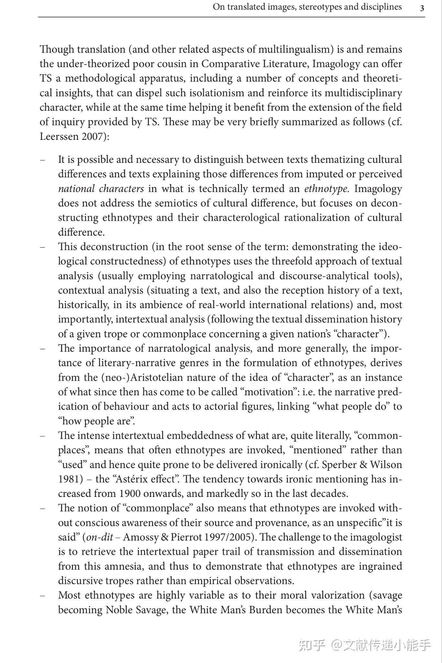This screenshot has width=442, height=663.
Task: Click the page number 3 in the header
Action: click(422, 8)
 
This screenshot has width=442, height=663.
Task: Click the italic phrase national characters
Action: click(101, 188)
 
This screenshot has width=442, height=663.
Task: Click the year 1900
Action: click(130, 493)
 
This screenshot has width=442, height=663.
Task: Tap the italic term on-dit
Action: click(100, 537)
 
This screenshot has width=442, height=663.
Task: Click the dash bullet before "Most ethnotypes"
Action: click(42, 595)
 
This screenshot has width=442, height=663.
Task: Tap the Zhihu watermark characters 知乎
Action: click(312, 645)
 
